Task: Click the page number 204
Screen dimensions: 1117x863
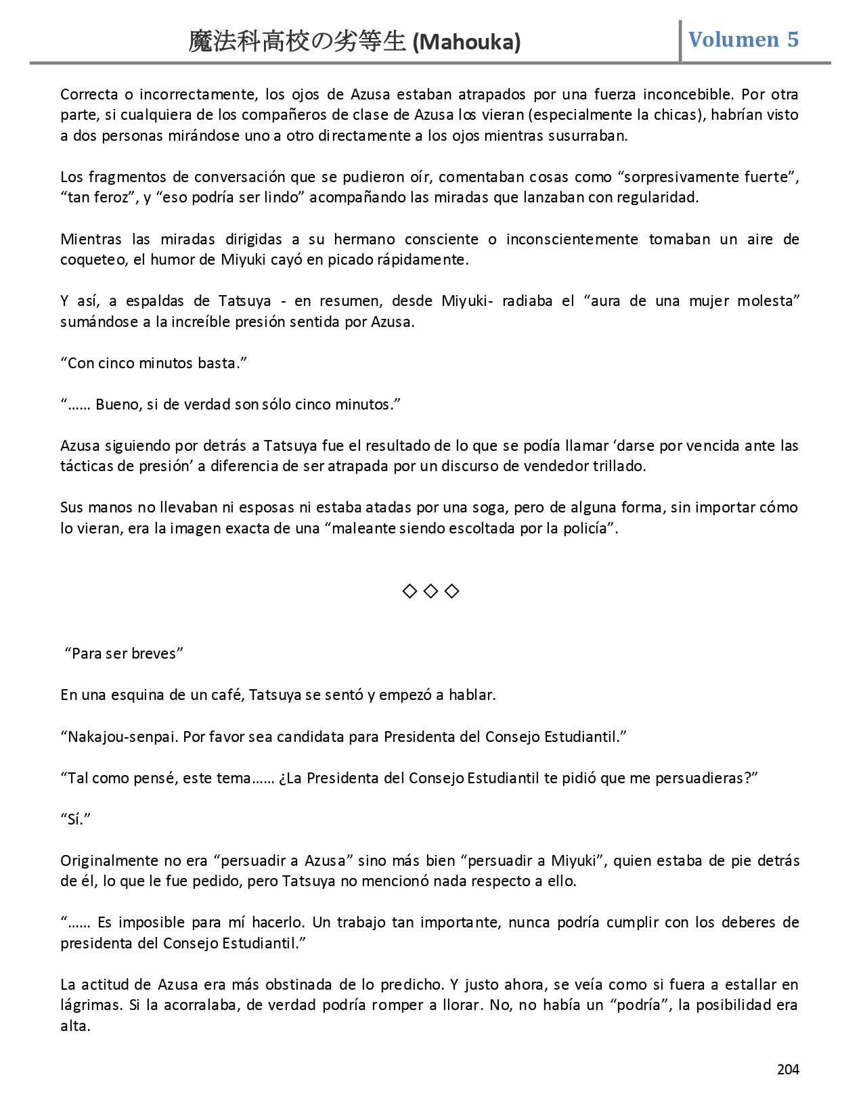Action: [x=788, y=1070]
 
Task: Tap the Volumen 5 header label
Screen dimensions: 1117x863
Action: [x=743, y=39]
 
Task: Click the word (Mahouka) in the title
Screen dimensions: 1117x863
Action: [x=466, y=43]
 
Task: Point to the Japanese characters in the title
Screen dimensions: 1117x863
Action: [x=296, y=42]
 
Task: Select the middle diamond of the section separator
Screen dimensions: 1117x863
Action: [x=430, y=591]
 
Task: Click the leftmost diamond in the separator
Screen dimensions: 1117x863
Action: [x=410, y=591]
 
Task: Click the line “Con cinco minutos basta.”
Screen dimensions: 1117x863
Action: [x=154, y=363]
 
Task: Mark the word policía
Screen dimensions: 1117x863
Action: [x=588, y=528]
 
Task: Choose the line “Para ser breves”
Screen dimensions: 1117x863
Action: [x=124, y=653]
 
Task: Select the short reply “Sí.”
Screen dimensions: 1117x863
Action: [x=75, y=819]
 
